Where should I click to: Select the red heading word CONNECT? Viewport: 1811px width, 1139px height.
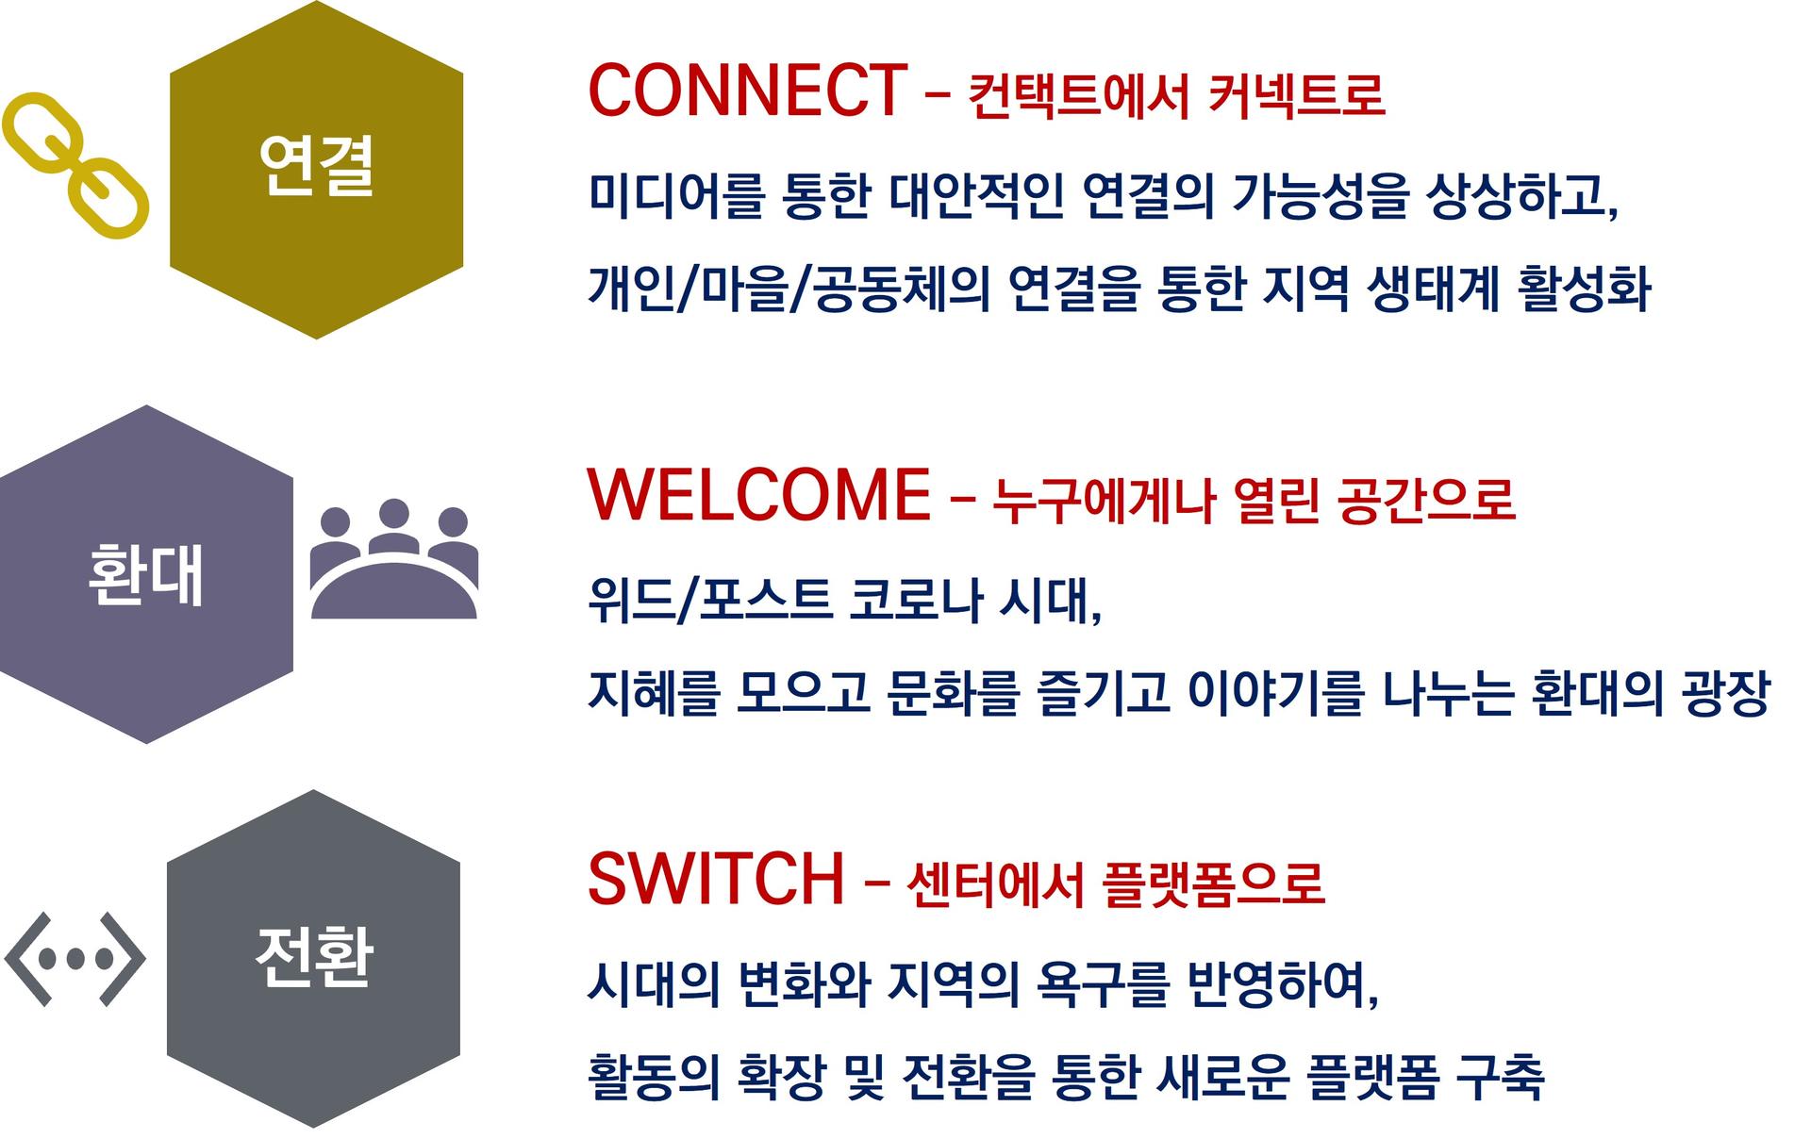pos(748,91)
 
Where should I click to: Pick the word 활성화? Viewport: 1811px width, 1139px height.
pos(1585,289)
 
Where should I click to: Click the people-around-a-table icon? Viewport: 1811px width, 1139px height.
pos(393,558)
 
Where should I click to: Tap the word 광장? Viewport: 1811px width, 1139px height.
pos(1725,693)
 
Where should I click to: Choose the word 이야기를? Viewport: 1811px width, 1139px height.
pos(1275,693)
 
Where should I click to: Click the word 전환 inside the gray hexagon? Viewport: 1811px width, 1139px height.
pos(314,957)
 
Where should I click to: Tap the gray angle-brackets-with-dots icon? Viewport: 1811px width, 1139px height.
pos(75,959)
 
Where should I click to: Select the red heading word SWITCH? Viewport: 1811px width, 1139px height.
pos(716,879)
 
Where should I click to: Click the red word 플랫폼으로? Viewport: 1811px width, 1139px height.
pos(1213,883)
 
